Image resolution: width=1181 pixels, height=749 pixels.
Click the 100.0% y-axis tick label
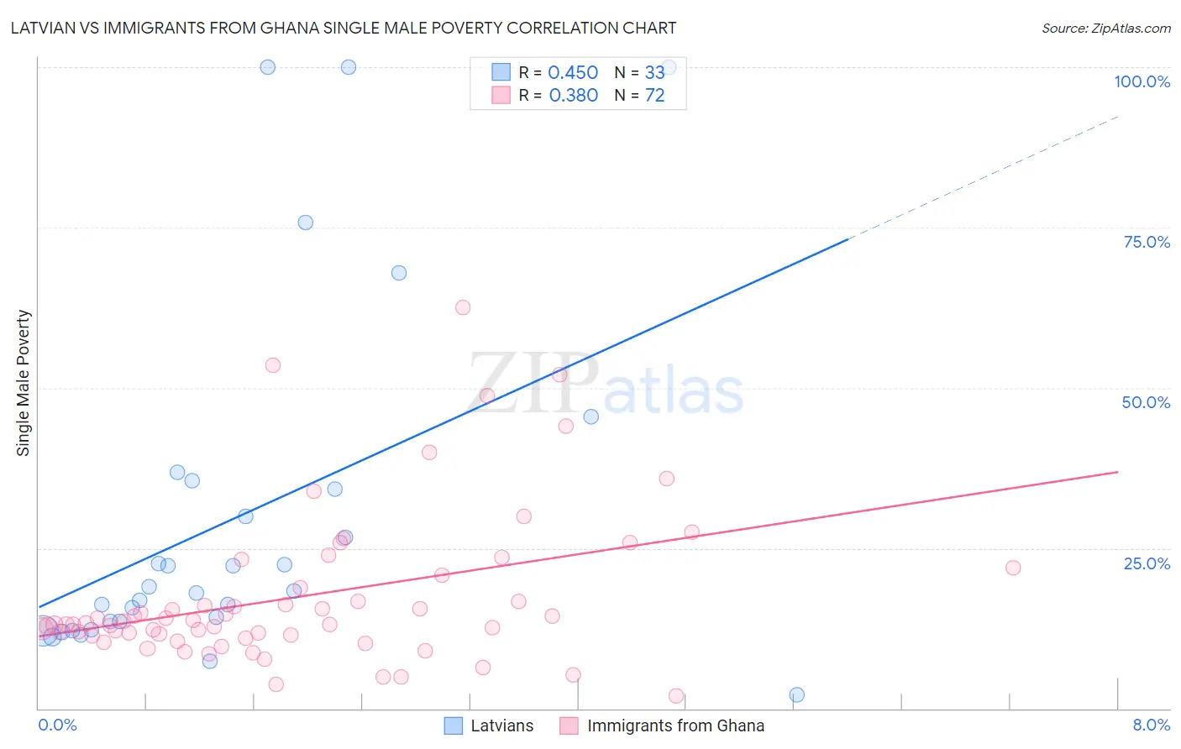click(1142, 81)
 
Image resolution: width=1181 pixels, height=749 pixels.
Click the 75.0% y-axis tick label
click(1147, 242)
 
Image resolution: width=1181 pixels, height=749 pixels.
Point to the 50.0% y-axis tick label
click(1146, 402)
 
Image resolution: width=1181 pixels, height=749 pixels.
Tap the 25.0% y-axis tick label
click(1147, 563)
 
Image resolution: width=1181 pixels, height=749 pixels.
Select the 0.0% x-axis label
click(57, 725)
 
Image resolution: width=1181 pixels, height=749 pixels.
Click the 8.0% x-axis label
click(1151, 725)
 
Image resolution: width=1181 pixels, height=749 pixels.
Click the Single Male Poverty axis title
click(24, 383)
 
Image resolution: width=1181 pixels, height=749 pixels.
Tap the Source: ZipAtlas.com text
click(1105, 28)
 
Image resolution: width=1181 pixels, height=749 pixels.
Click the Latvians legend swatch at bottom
click(454, 725)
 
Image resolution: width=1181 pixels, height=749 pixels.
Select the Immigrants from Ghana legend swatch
click(569, 725)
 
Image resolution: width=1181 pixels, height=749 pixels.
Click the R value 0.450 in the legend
click(573, 73)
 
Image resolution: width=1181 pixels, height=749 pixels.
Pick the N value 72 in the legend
click(654, 96)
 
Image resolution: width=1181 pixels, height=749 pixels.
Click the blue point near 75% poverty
click(306, 223)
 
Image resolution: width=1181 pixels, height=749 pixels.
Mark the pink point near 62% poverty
click(463, 307)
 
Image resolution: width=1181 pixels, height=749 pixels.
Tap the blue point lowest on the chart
click(797, 694)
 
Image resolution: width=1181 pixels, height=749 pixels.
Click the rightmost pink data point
click(1013, 568)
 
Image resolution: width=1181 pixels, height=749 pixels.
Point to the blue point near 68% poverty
click(399, 273)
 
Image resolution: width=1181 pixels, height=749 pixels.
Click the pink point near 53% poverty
click(273, 365)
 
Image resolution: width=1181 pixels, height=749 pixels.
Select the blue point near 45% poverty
click(591, 416)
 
